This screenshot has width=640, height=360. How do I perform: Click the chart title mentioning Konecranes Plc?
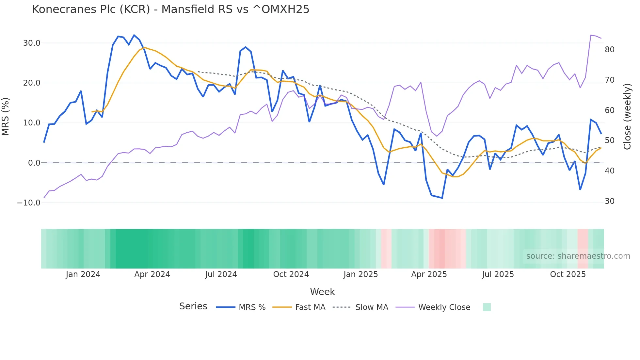(x=170, y=9)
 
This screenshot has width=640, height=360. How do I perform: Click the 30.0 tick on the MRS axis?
(x=32, y=43)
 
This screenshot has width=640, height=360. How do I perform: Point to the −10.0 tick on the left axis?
(x=29, y=203)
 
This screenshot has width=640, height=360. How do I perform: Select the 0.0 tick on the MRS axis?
(x=34, y=163)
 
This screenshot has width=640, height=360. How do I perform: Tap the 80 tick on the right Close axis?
(x=609, y=50)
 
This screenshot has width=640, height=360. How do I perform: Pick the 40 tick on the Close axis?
(x=609, y=171)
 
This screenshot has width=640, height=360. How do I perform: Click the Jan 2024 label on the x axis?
(x=83, y=274)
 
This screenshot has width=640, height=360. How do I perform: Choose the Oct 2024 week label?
(x=291, y=274)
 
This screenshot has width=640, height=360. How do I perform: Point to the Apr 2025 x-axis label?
(x=429, y=274)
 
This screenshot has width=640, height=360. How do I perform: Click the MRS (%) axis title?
(x=6, y=116)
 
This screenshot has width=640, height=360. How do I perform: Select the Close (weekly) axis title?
(x=627, y=117)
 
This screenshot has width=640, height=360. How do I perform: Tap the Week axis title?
(x=322, y=292)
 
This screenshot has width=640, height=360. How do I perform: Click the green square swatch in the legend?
(x=487, y=307)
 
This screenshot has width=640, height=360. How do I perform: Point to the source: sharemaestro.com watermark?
(x=578, y=256)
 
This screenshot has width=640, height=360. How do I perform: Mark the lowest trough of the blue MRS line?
(x=442, y=198)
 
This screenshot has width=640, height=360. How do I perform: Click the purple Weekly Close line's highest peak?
(x=591, y=35)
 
